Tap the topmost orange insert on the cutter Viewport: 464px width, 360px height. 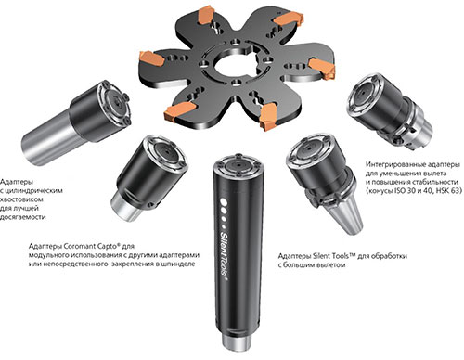coord(205,16)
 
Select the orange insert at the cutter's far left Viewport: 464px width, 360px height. coord(151,58)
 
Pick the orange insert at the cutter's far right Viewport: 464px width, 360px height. coord(322,68)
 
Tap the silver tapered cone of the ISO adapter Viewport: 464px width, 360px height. coord(349,217)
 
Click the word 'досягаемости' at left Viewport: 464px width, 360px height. coord(22,217)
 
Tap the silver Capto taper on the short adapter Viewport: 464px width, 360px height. coord(127,206)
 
